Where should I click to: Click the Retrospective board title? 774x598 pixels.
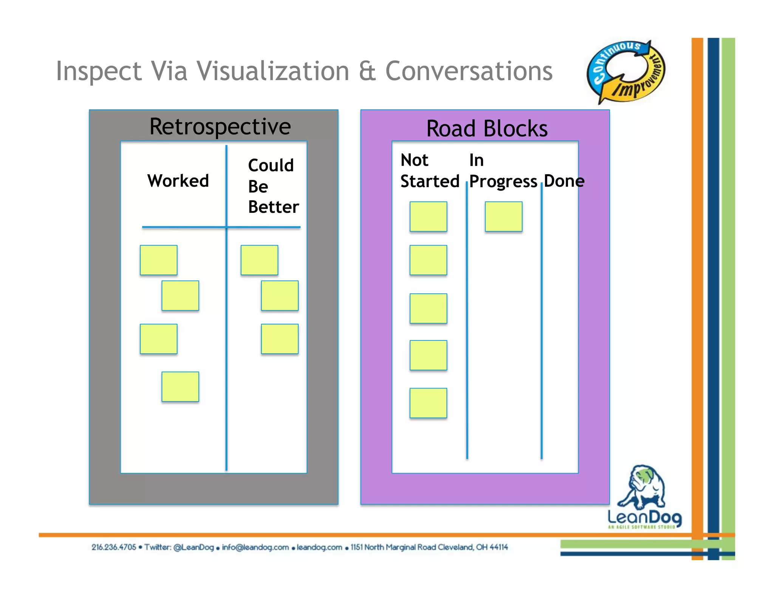(x=220, y=127)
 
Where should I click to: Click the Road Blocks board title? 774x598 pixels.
(x=487, y=129)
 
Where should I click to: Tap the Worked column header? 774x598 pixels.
(x=178, y=181)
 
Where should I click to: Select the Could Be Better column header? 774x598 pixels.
(x=273, y=186)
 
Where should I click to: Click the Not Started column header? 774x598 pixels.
(x=429, y=171)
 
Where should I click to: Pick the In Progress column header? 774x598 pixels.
(x=503, y=171)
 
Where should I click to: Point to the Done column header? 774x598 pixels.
(x=564, y=181)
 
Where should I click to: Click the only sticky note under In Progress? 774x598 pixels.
(x=503, y=217)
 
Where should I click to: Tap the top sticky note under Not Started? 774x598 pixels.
(x=428, y=217)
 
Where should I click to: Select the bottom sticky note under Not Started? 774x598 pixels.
(x=428, y=403)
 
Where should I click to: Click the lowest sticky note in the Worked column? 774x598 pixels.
(x=180, y=387)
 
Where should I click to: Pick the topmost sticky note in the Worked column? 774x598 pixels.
(x=158, y=260)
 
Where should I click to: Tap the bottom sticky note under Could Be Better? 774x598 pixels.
(x=280, y=339)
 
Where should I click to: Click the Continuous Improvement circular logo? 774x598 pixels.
(x=625, y=72)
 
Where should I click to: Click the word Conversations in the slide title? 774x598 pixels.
(x=469, y=71)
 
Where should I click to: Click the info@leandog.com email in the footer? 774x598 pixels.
(x=255, y=547)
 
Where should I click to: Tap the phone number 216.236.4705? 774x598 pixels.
(x=113, y=547)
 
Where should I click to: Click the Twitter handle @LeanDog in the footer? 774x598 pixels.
(x=193, y=547)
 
